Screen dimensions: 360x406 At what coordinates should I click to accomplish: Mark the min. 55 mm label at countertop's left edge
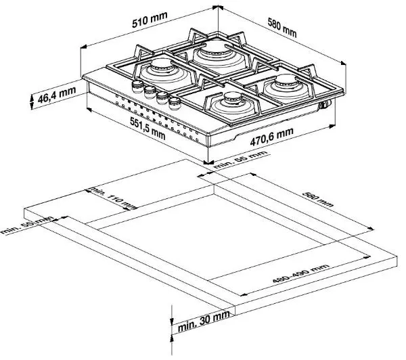[27, 226]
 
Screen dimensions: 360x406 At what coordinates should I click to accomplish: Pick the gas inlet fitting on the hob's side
[326, 105]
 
